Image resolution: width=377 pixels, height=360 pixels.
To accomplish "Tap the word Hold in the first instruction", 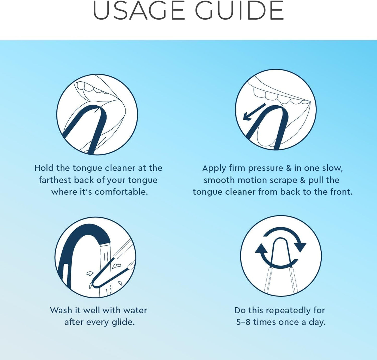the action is (44, 168).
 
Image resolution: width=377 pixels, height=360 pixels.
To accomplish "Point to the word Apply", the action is (214, 168).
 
